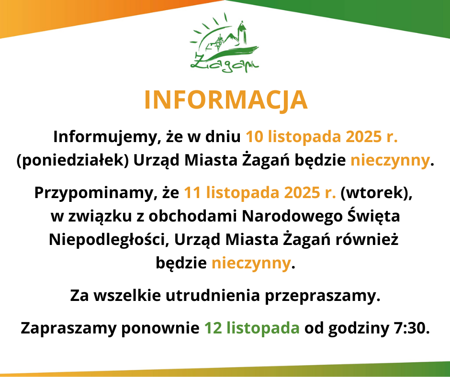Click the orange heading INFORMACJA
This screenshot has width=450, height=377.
pyautogui.click(x=225, y=100)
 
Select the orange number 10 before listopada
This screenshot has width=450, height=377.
pyautogui.click(x=254, y=137)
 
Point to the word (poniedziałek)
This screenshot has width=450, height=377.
pyautogui.click(x=73, y=161)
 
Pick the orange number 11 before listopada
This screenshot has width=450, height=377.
pyautogui.click(x=192, y=193)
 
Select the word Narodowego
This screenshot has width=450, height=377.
pyautogui.click(x=292, y=216)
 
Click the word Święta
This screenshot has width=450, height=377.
pyautogui.click(x=373, y=216)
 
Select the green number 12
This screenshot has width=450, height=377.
pyautogui.click(x=213, y=329)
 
